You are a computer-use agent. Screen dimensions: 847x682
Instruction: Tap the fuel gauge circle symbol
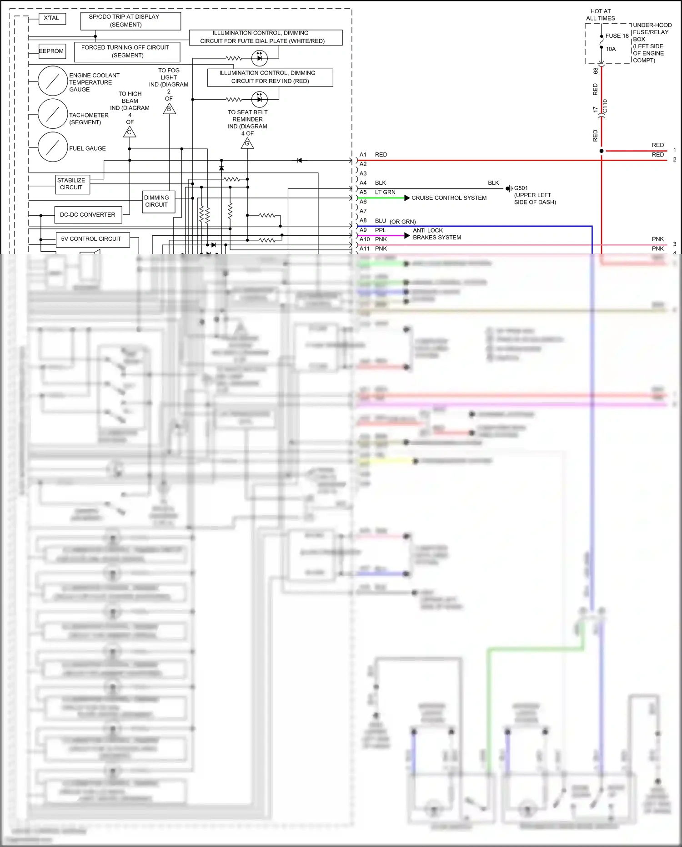[x=53, y=147]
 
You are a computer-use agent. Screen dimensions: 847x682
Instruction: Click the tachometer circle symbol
[x=53, y=114]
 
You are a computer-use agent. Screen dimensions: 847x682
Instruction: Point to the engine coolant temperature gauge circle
[x=53, y=81]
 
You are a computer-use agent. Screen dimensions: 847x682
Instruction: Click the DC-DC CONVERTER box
[x=88, y=215]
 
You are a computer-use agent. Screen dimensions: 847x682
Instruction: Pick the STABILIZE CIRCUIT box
[x=72, y=184]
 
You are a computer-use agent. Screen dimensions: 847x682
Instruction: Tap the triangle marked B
[x=169, y=109]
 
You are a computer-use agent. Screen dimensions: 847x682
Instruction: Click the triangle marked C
[x=130, y=132]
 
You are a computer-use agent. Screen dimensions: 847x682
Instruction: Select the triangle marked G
[x=247, y=144]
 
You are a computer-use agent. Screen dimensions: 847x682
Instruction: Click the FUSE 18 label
[x=617, y=36]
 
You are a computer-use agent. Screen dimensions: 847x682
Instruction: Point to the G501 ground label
[x=521, y=188]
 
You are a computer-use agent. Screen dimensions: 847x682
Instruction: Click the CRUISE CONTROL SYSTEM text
[x=449, y=198]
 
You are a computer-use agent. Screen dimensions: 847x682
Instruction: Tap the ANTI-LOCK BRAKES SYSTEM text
[x=436, y=234]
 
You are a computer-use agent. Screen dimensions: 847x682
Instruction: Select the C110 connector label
[x=605, y=107]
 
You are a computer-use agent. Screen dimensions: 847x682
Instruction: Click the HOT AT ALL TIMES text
[x=600, y=15]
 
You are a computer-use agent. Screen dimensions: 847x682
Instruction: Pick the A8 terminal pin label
[x=363, y=221]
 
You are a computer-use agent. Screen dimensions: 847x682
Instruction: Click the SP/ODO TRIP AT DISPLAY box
[x=130, y=21]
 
